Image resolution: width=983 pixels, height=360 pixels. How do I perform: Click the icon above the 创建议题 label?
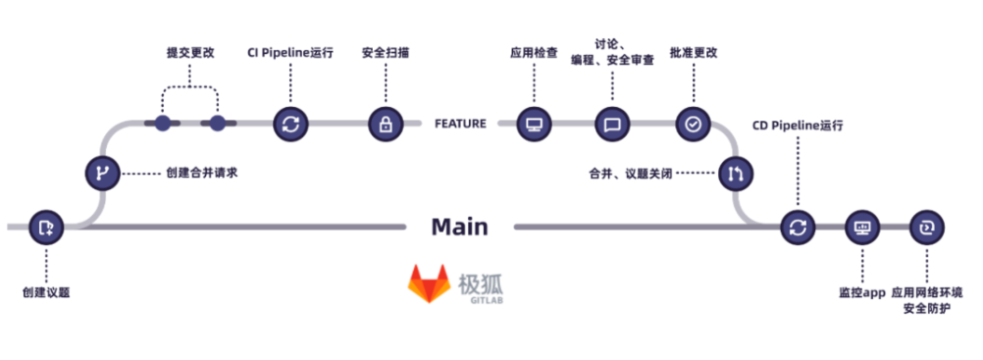point(46,227)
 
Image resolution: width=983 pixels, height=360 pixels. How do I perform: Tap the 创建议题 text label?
point(46,292)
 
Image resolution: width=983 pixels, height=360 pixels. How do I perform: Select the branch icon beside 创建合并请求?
point(101,173)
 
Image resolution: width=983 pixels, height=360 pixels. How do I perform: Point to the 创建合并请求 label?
point(202,173)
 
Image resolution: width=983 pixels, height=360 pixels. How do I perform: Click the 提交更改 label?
point(189,52)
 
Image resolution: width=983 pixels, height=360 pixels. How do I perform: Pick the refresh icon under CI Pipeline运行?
point(290,124)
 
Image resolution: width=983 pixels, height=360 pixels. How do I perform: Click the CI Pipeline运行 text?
point(289,52)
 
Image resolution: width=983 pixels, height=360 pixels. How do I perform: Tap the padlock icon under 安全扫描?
point(386,124)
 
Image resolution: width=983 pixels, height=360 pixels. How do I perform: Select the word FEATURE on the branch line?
point(460,124)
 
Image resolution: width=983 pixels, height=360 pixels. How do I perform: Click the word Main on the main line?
point(459,227)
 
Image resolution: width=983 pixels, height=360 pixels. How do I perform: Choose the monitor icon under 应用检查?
point(535,124)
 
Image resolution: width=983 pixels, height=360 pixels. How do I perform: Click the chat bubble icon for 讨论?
point(612,124)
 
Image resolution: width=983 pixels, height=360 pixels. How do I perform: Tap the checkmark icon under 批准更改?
point(693,124)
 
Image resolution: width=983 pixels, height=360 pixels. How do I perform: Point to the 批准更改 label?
point(693,52)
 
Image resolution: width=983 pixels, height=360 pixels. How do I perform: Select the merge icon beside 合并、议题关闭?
point(736,174)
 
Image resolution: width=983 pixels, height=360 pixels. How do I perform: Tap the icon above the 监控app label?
point(862,227)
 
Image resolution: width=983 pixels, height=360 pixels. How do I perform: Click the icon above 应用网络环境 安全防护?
point(926,227)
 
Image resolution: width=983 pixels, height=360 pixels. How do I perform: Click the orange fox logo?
point(429,284)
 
